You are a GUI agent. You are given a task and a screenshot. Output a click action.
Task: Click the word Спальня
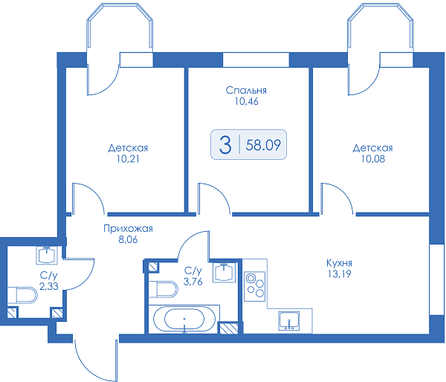pos(246,90)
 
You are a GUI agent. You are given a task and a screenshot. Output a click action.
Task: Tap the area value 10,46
pos(246,102)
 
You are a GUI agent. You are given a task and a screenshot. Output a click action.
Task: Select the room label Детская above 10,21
pos(128,148)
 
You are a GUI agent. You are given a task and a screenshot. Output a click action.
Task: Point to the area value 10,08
pos(373,159)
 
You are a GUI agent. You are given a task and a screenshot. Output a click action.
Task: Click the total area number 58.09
pos(263,145)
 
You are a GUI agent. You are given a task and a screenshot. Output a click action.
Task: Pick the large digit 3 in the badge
pos(225,145)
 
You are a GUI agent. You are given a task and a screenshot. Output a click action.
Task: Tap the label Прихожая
pos(128,228)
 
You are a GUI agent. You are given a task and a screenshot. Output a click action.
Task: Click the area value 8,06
pos(128,239)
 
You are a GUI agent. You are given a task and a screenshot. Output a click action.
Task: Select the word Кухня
pos(339,262)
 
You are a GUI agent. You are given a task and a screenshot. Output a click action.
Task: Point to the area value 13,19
pos(339,273)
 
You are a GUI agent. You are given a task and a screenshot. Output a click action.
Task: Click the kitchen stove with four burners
pos(254,286)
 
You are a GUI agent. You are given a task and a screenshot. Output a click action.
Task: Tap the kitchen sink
pos(289,321)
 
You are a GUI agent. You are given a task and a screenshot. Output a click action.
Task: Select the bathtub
pos(184,319)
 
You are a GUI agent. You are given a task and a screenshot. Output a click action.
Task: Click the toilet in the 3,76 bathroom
pos(163,289)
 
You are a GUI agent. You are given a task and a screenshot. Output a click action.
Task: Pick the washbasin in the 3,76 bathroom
pos(224,273)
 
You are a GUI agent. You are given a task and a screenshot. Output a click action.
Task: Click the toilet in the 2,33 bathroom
pos(22,295)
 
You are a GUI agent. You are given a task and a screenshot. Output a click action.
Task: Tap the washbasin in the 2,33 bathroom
pos(47,255)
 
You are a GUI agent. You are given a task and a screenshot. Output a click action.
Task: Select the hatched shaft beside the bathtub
pos(229,328)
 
